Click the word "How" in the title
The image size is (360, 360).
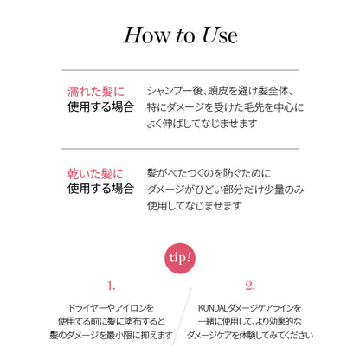147,35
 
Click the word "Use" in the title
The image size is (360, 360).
220,35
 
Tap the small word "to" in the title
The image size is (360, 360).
185,36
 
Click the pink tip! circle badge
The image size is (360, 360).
180,258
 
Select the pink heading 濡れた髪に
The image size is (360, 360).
96,92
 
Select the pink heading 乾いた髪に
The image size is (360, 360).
96,174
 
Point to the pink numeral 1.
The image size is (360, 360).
112,286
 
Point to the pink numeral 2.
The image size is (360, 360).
250,286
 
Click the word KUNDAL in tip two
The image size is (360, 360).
213,308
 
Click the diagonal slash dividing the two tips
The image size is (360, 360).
182,317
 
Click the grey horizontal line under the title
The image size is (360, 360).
180,70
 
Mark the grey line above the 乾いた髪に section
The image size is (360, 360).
180,149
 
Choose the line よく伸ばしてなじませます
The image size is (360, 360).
202,124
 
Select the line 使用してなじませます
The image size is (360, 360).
195,206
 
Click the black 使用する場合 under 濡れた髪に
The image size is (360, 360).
100,106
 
